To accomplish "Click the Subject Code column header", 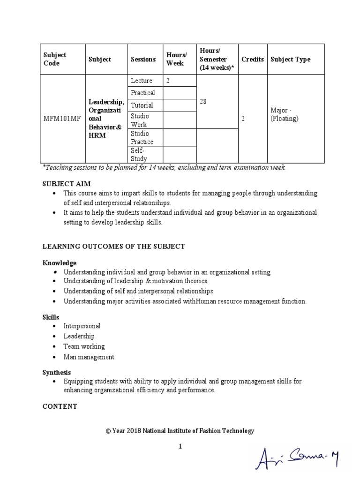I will tap(55, 59).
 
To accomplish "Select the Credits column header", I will tap(252, 59).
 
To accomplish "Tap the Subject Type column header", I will tap(290, 59).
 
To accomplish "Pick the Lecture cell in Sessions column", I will tap(142, 81).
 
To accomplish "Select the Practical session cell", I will tap(143, 93).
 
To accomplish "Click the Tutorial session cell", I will tap(142, 105).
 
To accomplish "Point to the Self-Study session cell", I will tap(139, 155).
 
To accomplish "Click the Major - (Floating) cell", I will tap(285, 114).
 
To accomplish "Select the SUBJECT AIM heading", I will tap(67, 184).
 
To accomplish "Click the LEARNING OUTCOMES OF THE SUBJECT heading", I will tap(114, 247).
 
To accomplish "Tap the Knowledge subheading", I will tap(60, 263).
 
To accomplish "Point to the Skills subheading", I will tap(51, 317).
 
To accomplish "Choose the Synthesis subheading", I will tap(57, 372).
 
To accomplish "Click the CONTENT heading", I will tap(60, 406).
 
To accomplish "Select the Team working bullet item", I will tap(84, 346).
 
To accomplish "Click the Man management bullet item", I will tap(89, 357).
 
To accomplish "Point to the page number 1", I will tap(180, 447).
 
